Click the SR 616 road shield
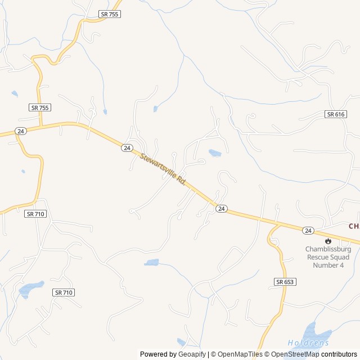[335, 114]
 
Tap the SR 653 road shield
[285, 281]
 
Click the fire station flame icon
[328, 240]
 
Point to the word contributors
[339, 354]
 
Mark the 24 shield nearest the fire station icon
[308, 231]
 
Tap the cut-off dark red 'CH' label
[354, 226]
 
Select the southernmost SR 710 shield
[64, 292]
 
